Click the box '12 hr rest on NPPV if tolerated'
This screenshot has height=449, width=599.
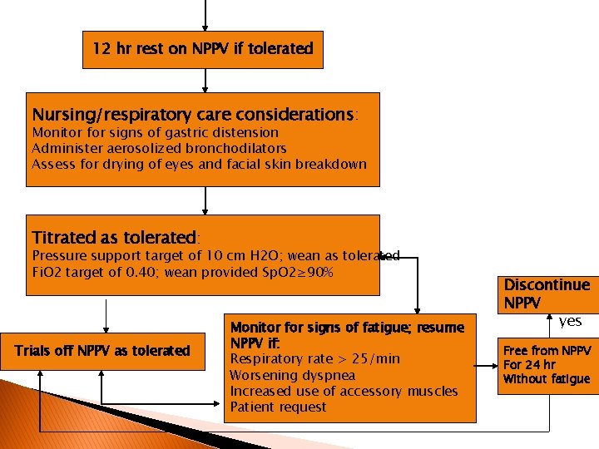203,49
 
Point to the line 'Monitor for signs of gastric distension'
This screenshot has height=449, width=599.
155,132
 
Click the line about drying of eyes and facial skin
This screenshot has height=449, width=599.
199,164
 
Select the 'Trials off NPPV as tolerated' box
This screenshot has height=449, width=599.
102,351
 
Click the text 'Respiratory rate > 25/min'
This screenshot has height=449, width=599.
314,359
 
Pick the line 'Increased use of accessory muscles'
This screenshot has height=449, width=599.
344,391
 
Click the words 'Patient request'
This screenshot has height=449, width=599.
278,407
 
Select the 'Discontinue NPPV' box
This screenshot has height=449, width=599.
547,294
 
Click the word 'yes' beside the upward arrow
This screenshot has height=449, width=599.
570,321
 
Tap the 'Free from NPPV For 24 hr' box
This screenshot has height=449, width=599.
547,365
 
